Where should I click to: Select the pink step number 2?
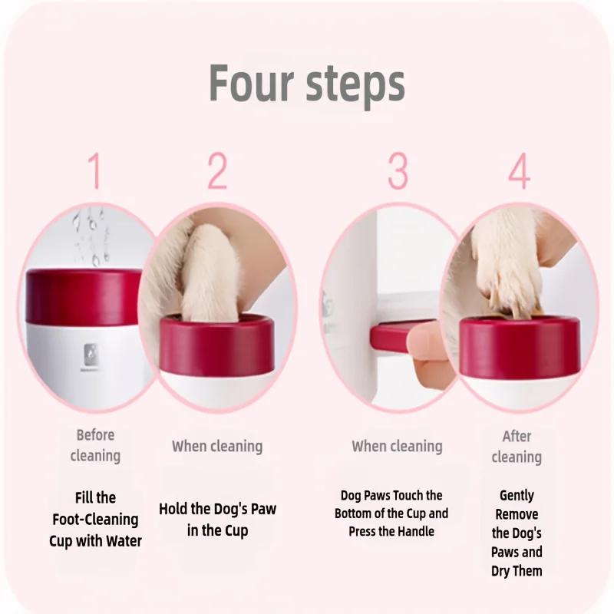click(x=217, y=170)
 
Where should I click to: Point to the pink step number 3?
click(x=398, y=170)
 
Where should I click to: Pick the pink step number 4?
click(x=520, y=170)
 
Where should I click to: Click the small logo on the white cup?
click(x=91, y=352)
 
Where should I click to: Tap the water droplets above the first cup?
click(x=91, y=237)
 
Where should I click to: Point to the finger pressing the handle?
click(x=431, y=352)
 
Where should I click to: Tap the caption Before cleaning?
click(x=95, y=446)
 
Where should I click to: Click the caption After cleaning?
click(x=517, y=447)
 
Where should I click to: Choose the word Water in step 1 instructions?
click(x=124, y=541)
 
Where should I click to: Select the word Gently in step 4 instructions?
click(x=517, y=496)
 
